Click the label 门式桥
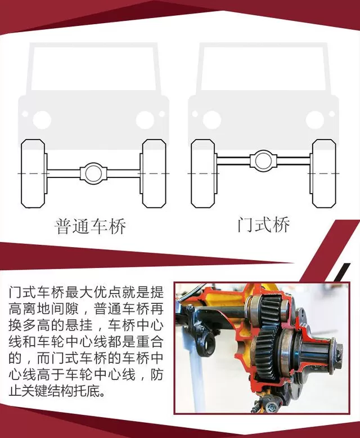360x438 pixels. pyautogui.click(x=263, y=224)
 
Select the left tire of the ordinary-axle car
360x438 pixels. pyautogui.click(x=33, y=173)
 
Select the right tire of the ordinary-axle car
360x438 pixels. pyautogui.click(x=154, y=173)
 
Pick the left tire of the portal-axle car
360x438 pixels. pyautogui.click(x=203, y=173)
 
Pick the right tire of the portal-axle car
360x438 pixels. pyautogui.click(x=324, y=173)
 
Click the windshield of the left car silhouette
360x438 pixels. pyautogui.click(x=93, y=69)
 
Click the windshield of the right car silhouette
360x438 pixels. pyautogui.click(x=263, y=69)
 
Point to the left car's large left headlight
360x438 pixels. pyautogui.click(x=42, y=120)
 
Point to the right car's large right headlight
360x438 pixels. pyautogui.click(x=315, y=120)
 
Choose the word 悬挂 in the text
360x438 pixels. pyautogui.click(x=79, y=325)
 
